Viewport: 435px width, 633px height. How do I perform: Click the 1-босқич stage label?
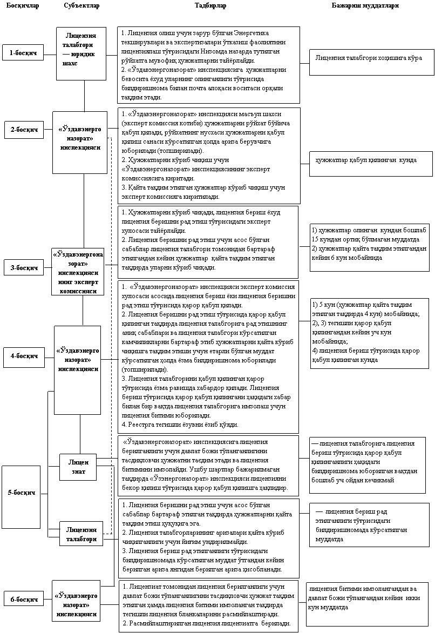click(23, 53)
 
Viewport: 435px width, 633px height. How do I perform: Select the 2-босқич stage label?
click(24, 130)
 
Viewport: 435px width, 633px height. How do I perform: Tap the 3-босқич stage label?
click(24, 268)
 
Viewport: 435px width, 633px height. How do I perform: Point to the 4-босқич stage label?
click(24, 356)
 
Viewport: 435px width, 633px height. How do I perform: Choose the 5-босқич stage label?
click(21, 493)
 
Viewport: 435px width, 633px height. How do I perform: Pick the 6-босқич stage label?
click(24, 600)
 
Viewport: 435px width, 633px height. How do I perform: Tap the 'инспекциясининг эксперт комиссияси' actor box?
click(78, 272)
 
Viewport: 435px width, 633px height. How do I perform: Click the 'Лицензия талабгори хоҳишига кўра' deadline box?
click(371, 58)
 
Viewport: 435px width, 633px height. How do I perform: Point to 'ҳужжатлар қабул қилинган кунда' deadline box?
click(371, 160)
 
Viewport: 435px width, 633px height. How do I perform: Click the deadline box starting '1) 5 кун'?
click(370, 333)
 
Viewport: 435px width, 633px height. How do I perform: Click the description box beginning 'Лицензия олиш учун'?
click(208, 65)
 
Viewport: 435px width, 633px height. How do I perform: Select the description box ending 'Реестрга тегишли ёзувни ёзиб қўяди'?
click(208, 356)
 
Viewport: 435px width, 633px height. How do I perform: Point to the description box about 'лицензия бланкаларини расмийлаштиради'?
click(208, 604)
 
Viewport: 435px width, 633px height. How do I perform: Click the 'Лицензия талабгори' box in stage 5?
click(81, 535)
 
